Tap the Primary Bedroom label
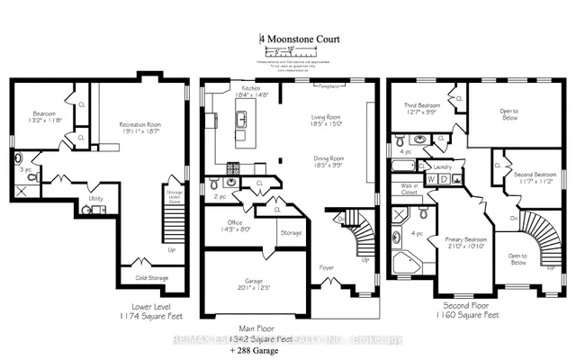(x=465, y=239)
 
